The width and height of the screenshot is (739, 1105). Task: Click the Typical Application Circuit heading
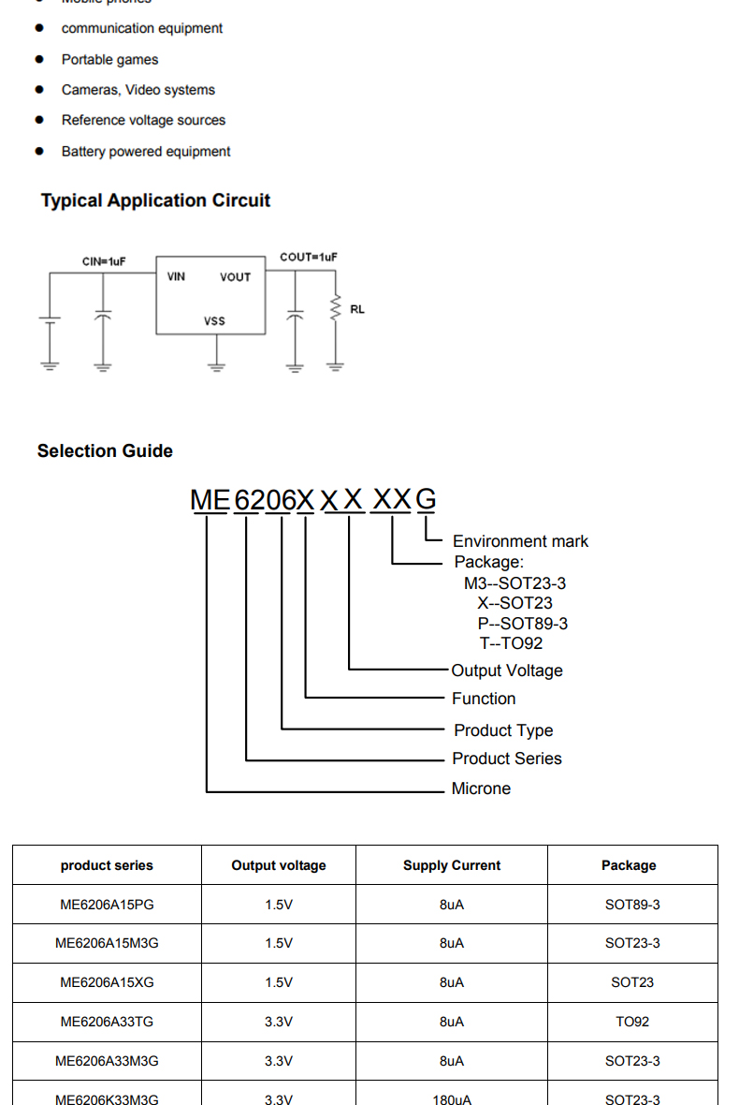[x=155, y=200]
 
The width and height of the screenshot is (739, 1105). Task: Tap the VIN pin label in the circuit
[x=176, y=276]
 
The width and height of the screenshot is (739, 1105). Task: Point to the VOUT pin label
[x=235, y=277]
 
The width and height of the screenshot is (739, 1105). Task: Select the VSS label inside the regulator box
[x=214, y=321]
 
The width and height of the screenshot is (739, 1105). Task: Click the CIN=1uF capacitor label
[x=104, y=262]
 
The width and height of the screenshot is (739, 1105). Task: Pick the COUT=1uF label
[x=308, y=257]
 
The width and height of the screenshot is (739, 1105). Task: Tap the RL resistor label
[x=357, y=309]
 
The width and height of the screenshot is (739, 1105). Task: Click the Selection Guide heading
[x=105, y=451]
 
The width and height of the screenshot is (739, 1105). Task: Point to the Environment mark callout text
[x=520, y=541]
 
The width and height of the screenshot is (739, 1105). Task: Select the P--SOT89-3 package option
[x=522, y=624]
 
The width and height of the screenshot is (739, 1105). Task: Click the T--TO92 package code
[x=511, y=643]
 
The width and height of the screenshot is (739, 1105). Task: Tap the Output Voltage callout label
[x=507, y=670]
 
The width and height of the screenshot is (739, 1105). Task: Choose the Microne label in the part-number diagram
[x=481, y=788]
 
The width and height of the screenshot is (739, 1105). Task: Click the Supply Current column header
[x=452, y=865]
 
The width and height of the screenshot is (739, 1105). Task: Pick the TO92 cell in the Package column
[x=632, y=1022]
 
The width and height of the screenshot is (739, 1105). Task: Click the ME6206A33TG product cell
[x=107, y=1022]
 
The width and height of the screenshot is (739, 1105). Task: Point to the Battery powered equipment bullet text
[x=146, y=152]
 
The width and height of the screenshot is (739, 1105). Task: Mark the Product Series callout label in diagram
[x=507, y=759]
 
